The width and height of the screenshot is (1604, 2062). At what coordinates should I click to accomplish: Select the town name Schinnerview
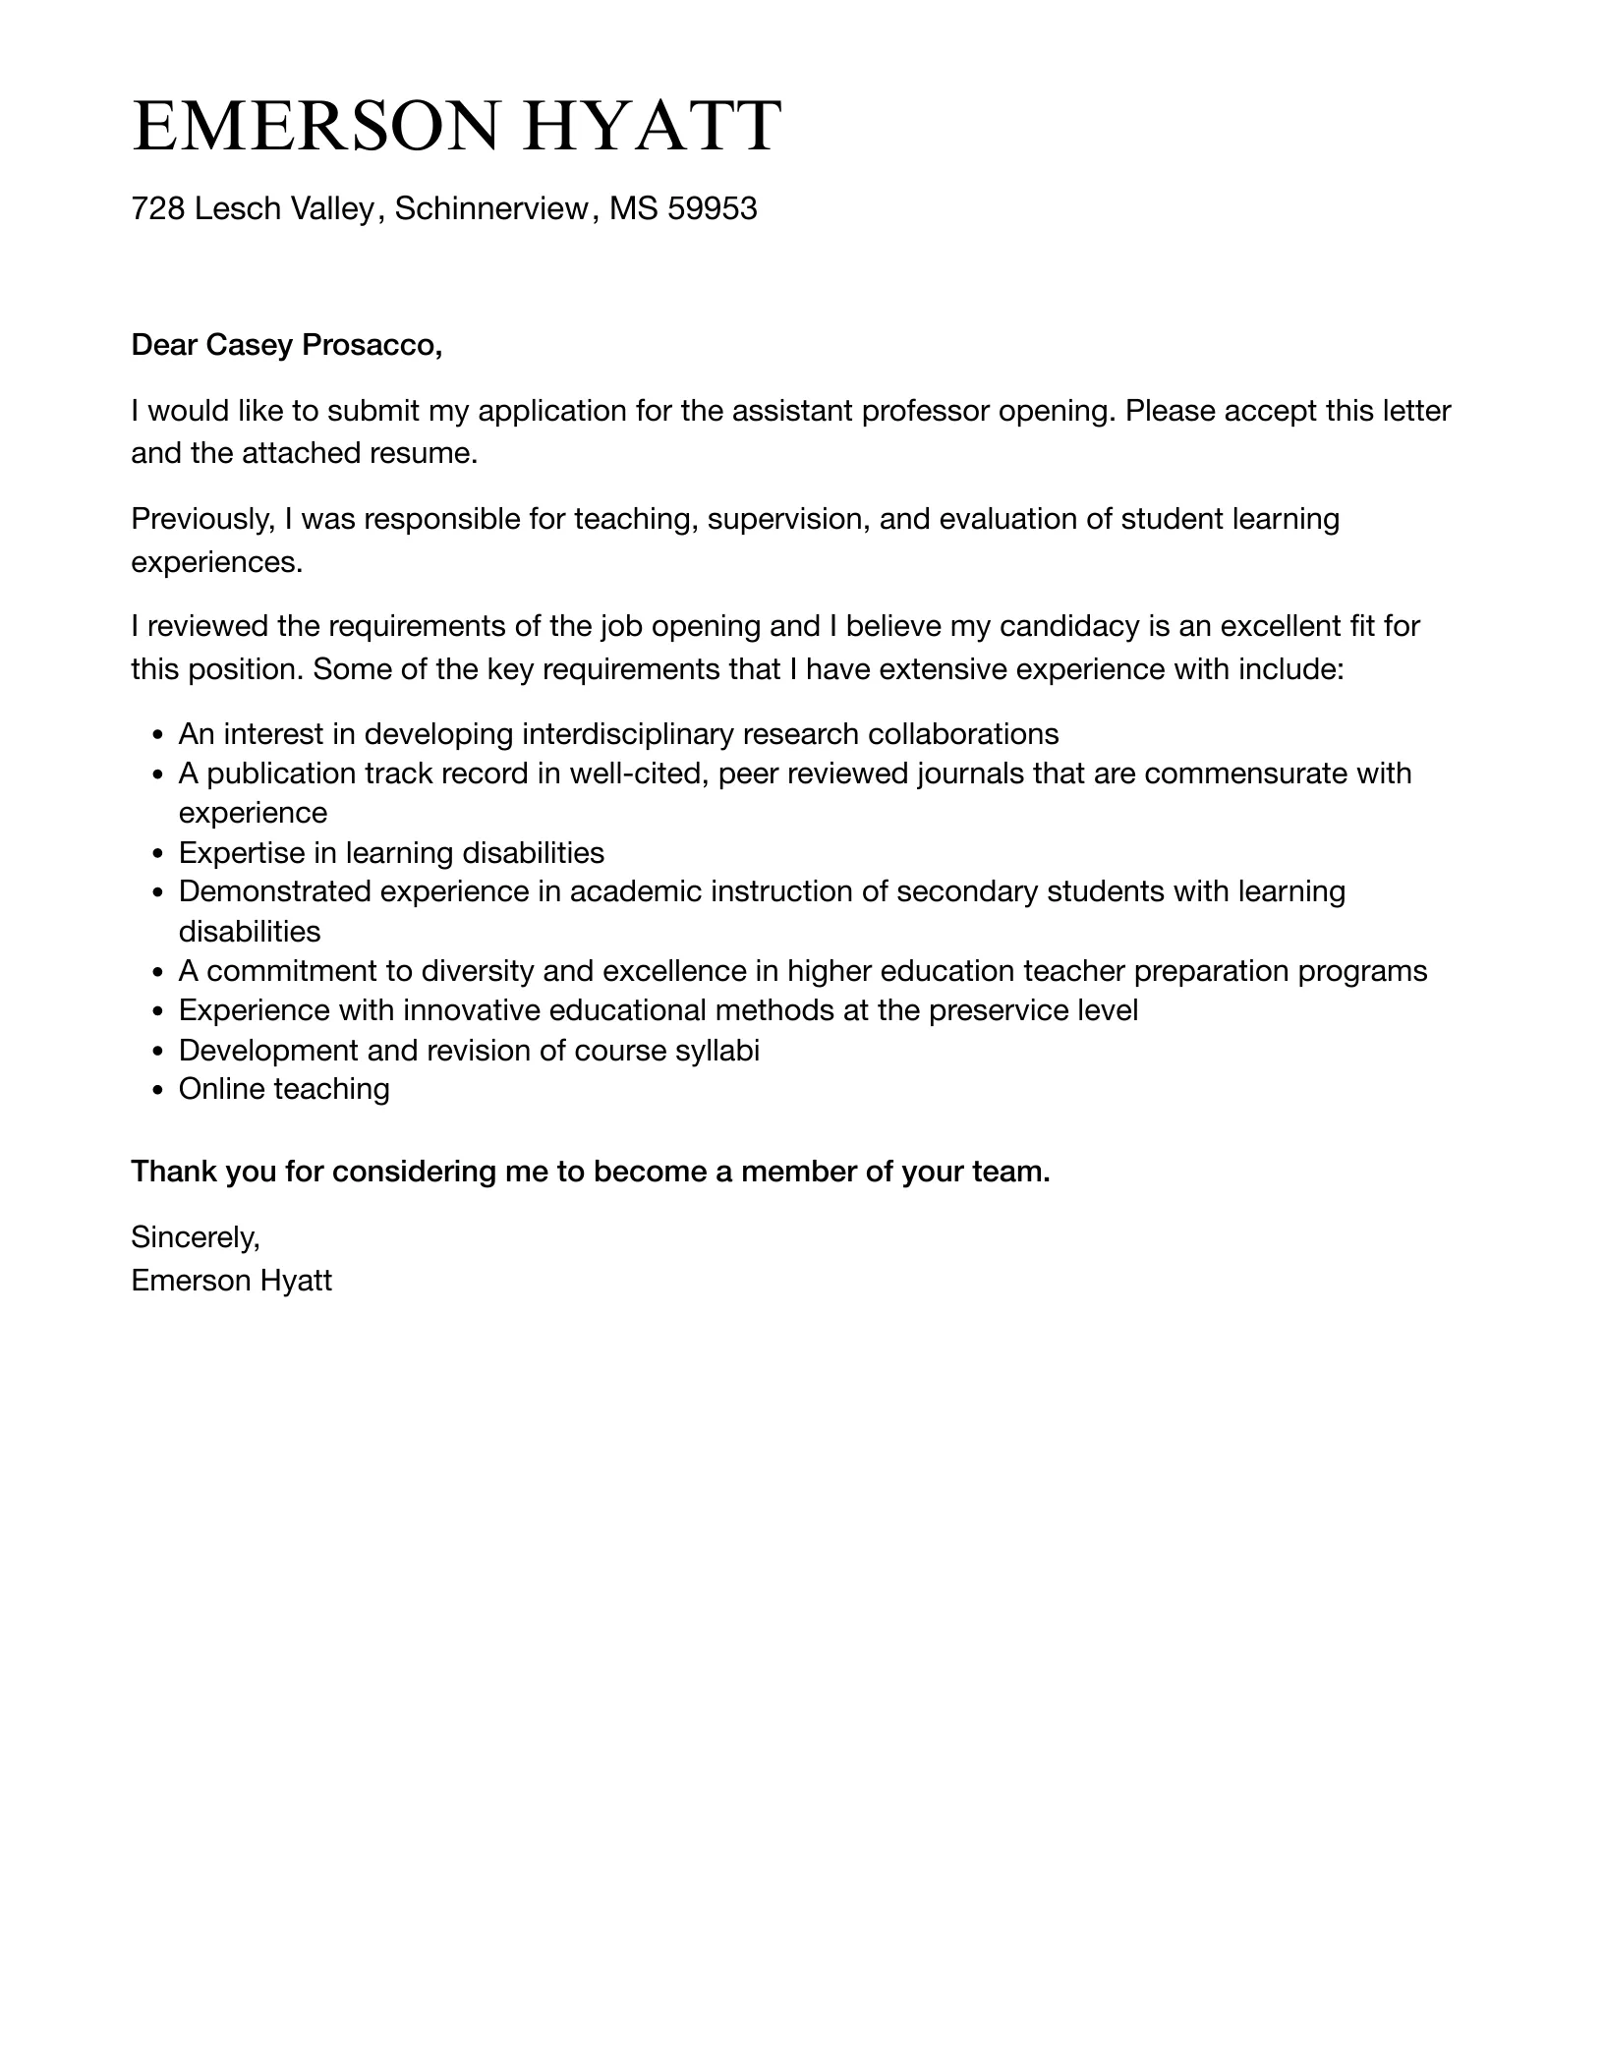pyautogui.click(x=490, y=208)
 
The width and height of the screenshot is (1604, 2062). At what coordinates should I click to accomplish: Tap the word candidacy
pyautogui.click(x=1061, y=626)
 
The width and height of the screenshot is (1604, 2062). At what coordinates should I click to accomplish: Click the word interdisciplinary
pyautogui.click(x=628, y=734)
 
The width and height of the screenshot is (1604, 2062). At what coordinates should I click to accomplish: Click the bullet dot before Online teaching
pyautogui.click(x=157, y=1090)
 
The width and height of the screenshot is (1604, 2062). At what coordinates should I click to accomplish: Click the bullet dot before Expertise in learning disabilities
pyautogui.click(x=157, y=853)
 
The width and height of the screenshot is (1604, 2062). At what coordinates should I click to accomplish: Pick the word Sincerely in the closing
pyautogui.click(x=195, y=1237)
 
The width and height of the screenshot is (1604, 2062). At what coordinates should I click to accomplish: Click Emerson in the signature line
pyautogui.click(x=191, y=1281)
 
